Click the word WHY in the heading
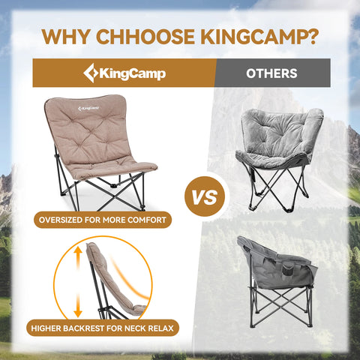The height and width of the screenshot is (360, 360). click(66, 37)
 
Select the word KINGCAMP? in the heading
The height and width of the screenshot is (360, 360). click(259, 37)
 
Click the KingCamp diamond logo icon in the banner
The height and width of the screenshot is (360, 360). click(91, 73)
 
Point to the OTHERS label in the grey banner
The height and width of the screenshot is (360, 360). click(271, 73)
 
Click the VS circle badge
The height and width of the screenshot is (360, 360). click(205, 196)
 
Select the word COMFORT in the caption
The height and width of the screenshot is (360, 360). click(147, 220)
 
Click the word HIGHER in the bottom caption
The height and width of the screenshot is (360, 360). click(46, 328)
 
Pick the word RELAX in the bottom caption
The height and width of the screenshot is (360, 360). click(161, 328)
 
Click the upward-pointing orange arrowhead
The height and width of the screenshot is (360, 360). click(78, 250)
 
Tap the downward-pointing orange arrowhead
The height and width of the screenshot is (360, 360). click(78, 313)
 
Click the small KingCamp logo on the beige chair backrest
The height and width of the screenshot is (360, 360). click(88, 108)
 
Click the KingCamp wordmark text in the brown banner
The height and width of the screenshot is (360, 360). click(133, 73)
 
